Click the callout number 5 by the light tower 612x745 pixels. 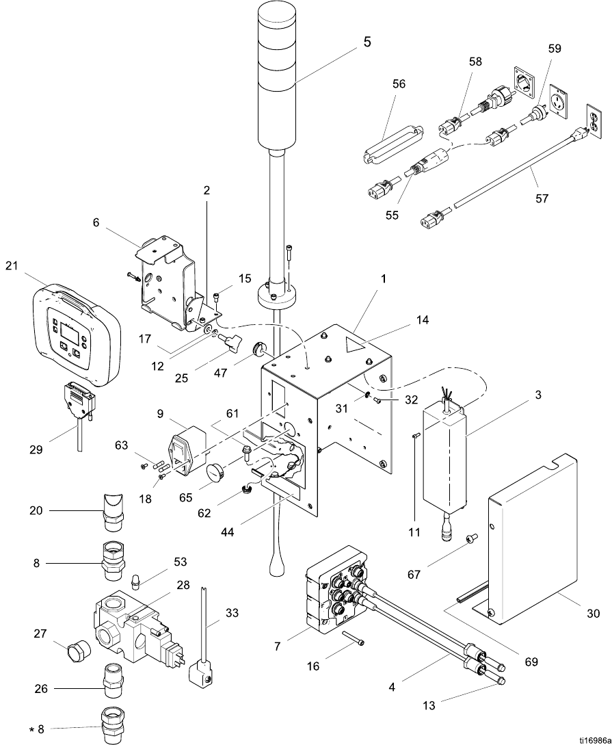tap(367, 42)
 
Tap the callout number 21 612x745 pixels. tap(12, 265)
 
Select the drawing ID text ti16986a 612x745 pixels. tap(594, 740)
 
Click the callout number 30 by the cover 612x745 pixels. tap(593, 614)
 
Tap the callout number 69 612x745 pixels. tap(531, 661)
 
